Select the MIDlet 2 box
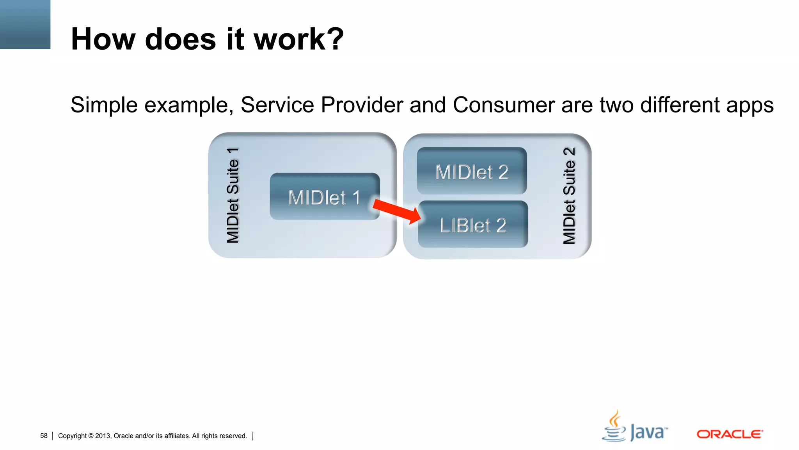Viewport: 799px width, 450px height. (x=472, y=171)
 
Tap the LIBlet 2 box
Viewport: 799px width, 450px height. (x=472, y=225)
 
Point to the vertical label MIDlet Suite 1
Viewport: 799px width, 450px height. (x=233, y=195)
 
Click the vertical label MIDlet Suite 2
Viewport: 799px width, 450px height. (x=569, y=196)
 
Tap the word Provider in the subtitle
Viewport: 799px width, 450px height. (x=362, y=105)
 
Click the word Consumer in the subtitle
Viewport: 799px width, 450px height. (x=504, y=105)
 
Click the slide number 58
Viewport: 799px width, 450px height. (x=44, y=436)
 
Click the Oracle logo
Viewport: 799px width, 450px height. (x=730, y=434)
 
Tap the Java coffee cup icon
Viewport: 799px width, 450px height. (x=614, y=427)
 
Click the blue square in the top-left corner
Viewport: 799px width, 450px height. (x=25, y=24)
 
